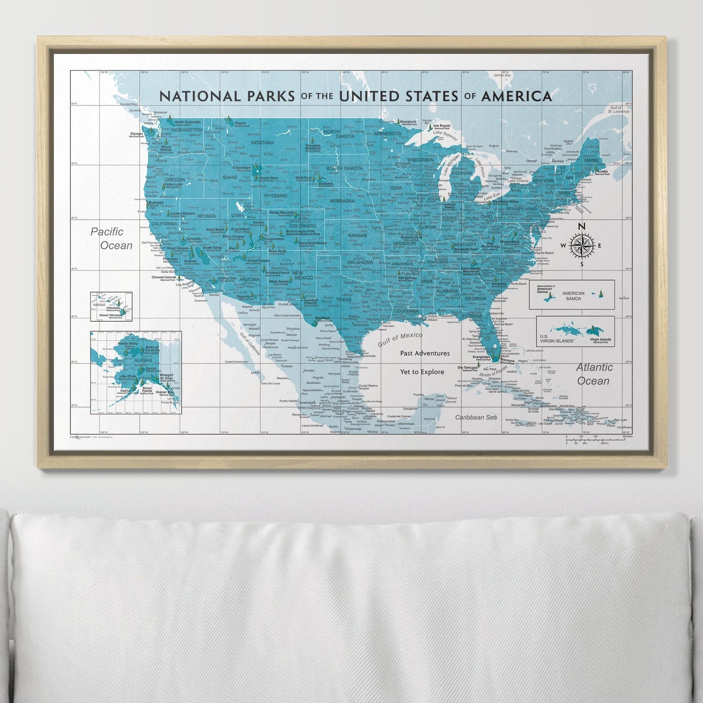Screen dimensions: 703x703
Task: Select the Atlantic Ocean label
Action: (594, 374)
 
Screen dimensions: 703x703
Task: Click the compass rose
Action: (581, 245)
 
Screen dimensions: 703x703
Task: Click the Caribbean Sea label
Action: (476, 417)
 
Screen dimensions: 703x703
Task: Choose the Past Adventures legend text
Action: (425, 353)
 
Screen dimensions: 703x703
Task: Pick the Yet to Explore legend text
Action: (422, 372)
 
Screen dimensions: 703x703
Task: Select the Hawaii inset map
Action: (111, 306)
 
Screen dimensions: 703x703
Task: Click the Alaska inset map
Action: (136, 372)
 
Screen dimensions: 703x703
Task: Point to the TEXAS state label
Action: (343, 299)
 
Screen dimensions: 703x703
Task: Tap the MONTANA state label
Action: (263, 143)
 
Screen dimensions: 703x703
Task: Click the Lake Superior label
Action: (444, 132)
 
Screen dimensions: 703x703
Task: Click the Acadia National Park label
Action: (602, 172)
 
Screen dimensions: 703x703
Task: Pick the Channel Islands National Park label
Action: (163, 278)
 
